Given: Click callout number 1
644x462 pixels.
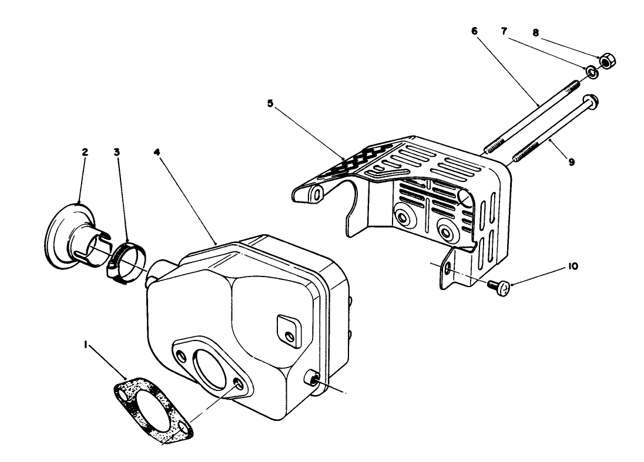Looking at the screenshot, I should click(x=87, y=347).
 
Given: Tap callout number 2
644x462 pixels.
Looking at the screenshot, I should click(x=85, y=152).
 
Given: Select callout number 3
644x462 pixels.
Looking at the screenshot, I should click(x=117, y=152).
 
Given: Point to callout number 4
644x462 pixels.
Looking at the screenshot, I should click(x=157, y=152).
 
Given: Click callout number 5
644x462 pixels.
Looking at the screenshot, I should click(x=270, y=103).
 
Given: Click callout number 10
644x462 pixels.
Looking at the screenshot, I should click(x=573, y=266).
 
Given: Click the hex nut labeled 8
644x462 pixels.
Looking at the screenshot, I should click(x=607, y=60).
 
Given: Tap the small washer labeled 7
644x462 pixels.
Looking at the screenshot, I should click(x=593, y=73).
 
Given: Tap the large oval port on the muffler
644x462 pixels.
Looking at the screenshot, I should click(x=209, y=364).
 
